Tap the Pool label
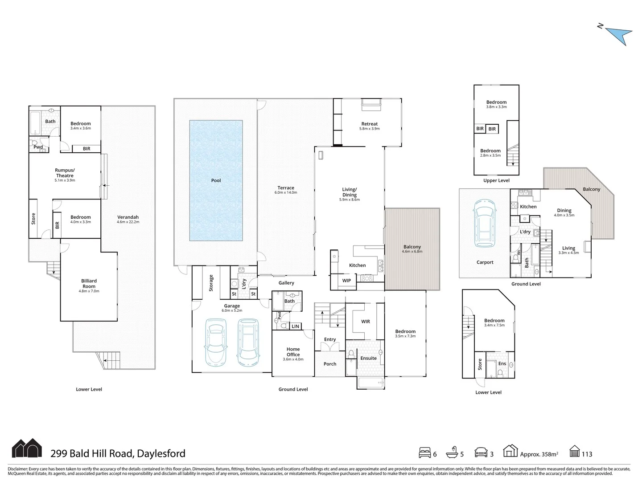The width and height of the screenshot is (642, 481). (x=216, y=180)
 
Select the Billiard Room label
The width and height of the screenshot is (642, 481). (x=89, y=284)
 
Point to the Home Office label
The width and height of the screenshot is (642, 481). (x=293, y=352)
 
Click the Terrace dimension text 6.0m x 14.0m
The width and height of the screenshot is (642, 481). (x=286, y=193)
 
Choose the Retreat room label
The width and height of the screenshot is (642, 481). (x=369, y=124)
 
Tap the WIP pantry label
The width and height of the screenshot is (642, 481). (x=346, y=281)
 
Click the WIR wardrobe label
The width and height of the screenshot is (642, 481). (x=365, y=322)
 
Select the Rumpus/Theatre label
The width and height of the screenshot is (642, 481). (x=65, y=173)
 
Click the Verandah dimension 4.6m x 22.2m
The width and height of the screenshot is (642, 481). (x=128, y=222)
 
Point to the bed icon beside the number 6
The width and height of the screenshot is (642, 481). (x=425, y=453)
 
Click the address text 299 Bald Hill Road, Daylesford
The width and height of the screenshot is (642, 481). (x=118, y=454)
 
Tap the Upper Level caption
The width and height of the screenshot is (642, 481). (x=496, y=180)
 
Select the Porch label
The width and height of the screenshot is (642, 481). (x=330, y=364)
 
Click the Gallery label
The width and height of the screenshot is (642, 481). (x=286, y=283)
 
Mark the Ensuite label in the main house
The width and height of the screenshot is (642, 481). (x=368, y=358)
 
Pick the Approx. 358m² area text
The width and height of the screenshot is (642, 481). (x=539, y=454)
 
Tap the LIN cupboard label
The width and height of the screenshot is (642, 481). (x=295, y=326)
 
